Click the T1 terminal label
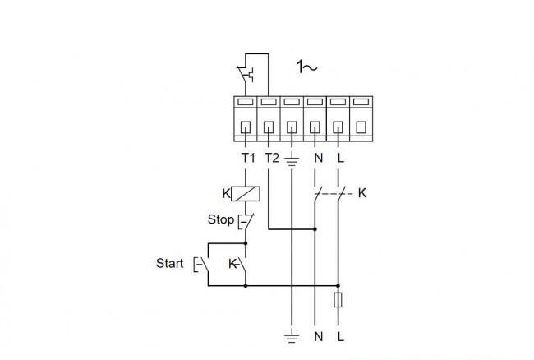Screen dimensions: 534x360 pos(248,158)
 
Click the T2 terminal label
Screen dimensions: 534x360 pos(272,158)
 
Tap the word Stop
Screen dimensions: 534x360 pos(221,219)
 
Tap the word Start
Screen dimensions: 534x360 pos(169,263)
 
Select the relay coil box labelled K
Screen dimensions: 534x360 pos(246,194)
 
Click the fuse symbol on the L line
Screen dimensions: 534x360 pos(338,300)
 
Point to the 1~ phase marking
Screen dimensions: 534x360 pos(306,67)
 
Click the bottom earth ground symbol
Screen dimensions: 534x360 pos(292,338)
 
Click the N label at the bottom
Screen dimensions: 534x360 pos(319,337)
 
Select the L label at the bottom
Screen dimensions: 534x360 pos(341,337)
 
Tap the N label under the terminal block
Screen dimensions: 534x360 pos(319,158)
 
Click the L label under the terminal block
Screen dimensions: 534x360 pos(341,158)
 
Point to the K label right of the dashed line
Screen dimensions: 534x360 pos(362,193)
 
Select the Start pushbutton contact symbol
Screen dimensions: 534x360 pos(201,265)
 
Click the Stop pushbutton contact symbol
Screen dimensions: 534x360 pos(246,222)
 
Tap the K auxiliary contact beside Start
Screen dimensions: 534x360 pos(238,265)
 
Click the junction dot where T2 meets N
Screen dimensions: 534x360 pos(315,229)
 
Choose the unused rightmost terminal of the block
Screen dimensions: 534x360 pos(361,119)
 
